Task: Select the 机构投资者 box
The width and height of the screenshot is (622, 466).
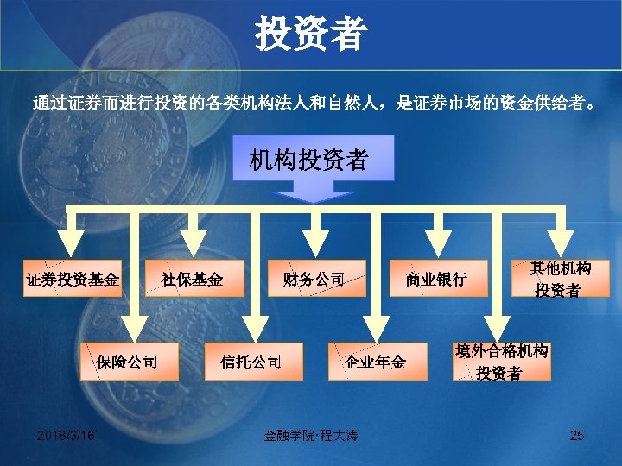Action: click(x=308, y=160)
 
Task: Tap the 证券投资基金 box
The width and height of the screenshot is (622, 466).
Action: click(x=73, y=279)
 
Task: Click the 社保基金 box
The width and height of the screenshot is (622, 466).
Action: click(x=193, y=279)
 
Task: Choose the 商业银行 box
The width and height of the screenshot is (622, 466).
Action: click(x=436, y=279)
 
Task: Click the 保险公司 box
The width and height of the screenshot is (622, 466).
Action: click(x=128, y=361)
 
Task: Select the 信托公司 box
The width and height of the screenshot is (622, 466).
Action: click(x=251, y=361)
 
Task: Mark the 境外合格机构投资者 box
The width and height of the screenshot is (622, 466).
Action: click(x=501, y=362)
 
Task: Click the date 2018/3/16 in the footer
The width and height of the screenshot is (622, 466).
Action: click(x=67, y=436)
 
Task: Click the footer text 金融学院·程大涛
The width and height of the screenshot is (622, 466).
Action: click(x=310, y=436)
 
